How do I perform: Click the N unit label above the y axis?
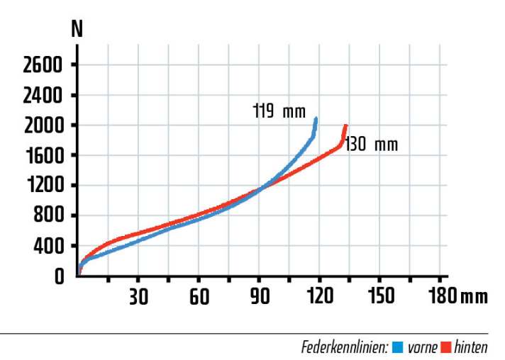[x=77, y=30]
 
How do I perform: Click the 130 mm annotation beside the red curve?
[x=372, y=145]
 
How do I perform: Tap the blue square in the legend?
[x=397, y=348]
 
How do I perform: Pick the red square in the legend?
[x=447, y=348]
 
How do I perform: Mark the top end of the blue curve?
[x=316, y=118]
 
